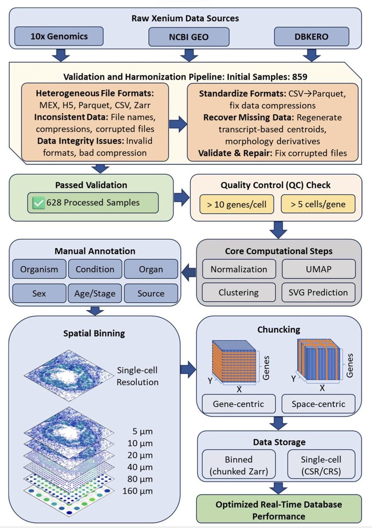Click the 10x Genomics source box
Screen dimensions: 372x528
tap(59, 36)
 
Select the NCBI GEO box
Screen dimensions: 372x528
tap(189, 37)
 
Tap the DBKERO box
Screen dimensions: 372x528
tap(311, 36)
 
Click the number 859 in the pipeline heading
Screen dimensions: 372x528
tap(300, 77)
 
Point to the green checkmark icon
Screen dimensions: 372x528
tap(38, 203)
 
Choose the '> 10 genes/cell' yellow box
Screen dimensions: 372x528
tap(237, 204)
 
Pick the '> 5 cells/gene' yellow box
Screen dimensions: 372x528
tap(318, 204)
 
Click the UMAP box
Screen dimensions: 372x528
tap(318, 269)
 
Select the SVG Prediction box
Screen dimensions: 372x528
tap(318, 292)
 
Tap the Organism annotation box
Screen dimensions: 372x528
tap(39, 269)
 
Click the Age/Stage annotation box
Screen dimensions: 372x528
tap(95, 293)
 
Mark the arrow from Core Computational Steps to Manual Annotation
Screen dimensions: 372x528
tap(189, 272)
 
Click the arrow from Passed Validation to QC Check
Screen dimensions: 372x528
tap(182, 197)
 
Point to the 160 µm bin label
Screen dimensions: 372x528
tap(138, 491)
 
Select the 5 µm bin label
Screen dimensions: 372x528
tap(142, 431)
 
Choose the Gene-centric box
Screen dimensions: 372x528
tap(239, 404)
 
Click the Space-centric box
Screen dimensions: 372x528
tap(318, 404)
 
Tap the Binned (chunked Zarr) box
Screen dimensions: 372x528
tap(239, 465)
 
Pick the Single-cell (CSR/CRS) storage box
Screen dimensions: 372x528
tap(321, 465)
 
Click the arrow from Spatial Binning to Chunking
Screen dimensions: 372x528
tap(188, 369)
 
